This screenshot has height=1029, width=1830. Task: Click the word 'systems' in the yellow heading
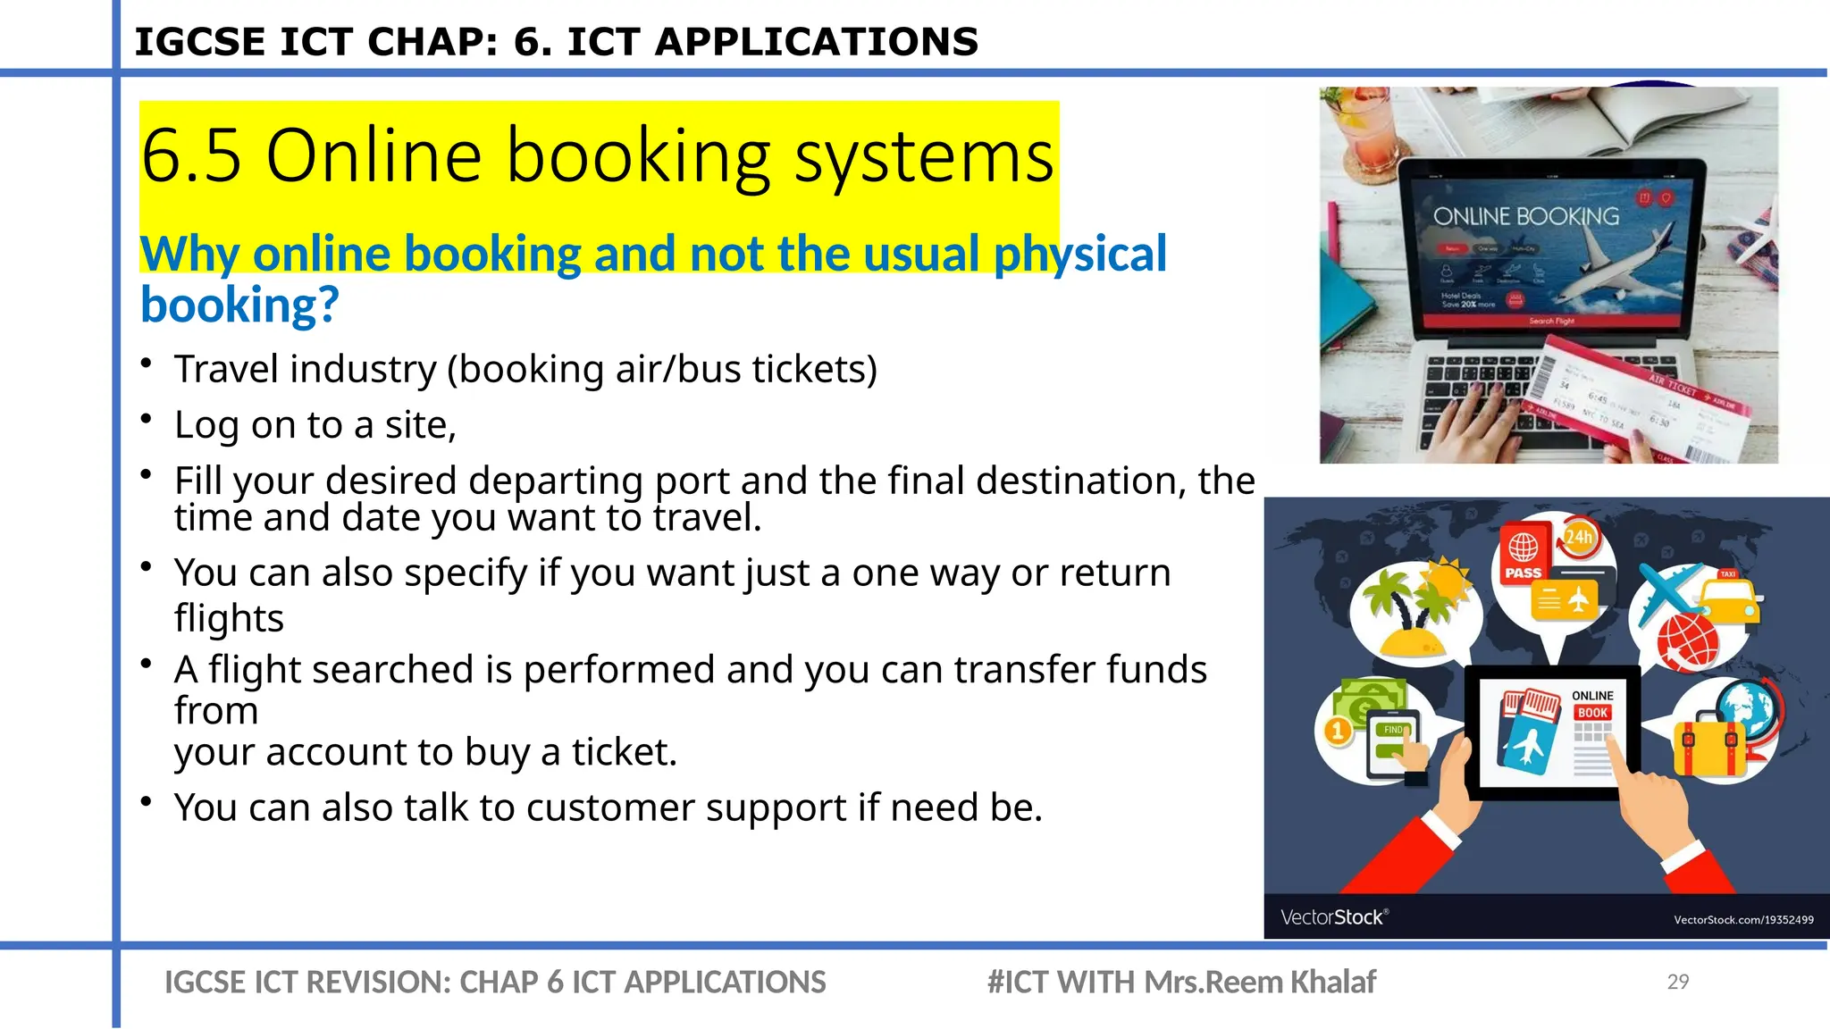pos(924,157)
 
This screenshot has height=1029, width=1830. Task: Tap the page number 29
pos(1677,982)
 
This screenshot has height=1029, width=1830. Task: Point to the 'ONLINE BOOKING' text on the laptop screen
pos(1525,216)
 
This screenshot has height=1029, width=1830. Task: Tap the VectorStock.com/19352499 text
pos(1742,919)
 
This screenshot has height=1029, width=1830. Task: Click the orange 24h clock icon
pos(1579,538)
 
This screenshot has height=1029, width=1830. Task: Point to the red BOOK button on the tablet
pos(1592,713)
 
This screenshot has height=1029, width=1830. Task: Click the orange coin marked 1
pos(1337,732)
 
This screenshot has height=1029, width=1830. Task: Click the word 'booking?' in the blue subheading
pos(239,305)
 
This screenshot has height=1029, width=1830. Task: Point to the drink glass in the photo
pos(1362,125)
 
